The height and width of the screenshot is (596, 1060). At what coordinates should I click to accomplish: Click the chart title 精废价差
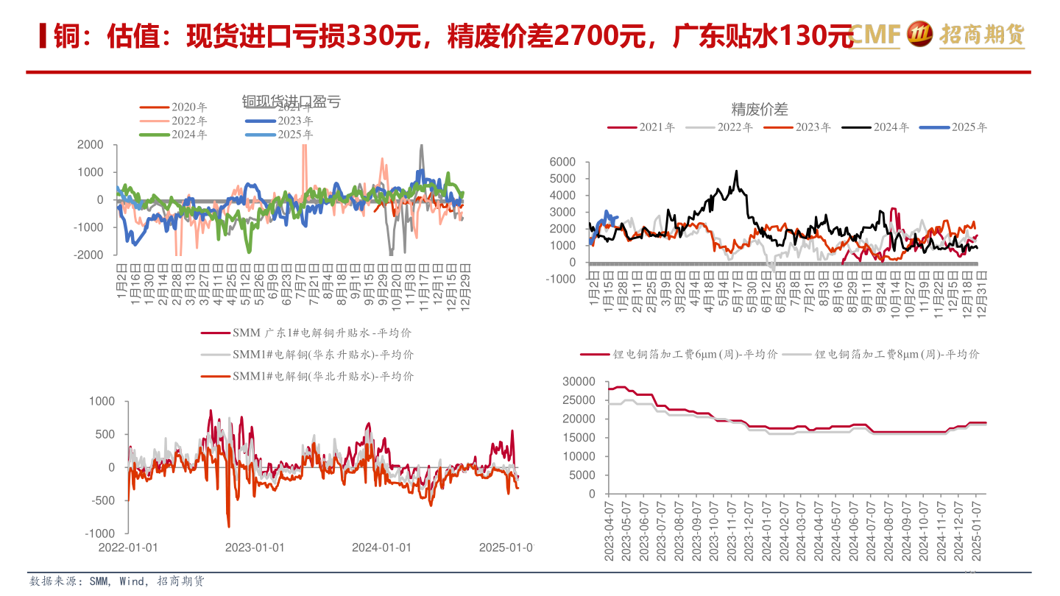(760, 110)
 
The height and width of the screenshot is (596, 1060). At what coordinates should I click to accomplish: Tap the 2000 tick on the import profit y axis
(91, 145)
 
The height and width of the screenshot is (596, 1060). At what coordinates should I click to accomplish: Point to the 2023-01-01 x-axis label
(254, 547)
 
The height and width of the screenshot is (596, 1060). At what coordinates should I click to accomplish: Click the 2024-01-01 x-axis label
(381, 547)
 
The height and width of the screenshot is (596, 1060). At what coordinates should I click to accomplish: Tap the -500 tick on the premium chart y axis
(102, 500)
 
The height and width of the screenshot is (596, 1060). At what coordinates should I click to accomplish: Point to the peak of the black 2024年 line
(736, 171)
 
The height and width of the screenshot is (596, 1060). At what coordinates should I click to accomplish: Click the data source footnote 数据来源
(117, 582)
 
